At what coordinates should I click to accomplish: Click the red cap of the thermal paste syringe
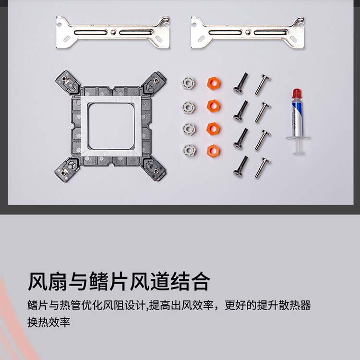tap(297, 94)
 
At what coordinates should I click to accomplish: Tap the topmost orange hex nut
tap(214, 83)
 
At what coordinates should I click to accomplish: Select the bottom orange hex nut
tap(213, 151)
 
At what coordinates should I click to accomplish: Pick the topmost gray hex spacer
tap(188, 83)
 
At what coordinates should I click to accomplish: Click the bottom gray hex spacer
tap(189, 150)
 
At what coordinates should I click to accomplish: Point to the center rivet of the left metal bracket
tap(112, 32)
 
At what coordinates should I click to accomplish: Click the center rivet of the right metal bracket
tap(248, 32)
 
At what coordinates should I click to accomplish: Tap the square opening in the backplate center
tap(111, 126)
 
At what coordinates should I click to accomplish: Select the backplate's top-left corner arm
tap(68, 82)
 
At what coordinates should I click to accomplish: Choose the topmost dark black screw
tap(241, 83)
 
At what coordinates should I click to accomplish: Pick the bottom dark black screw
tap(241, 166)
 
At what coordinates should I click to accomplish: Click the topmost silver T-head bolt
tap(263, 84)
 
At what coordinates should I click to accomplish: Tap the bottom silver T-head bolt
tap(263, 168)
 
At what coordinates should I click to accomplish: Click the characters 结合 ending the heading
tap(191, 281)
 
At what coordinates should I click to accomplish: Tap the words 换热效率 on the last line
tap(48, 322)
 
